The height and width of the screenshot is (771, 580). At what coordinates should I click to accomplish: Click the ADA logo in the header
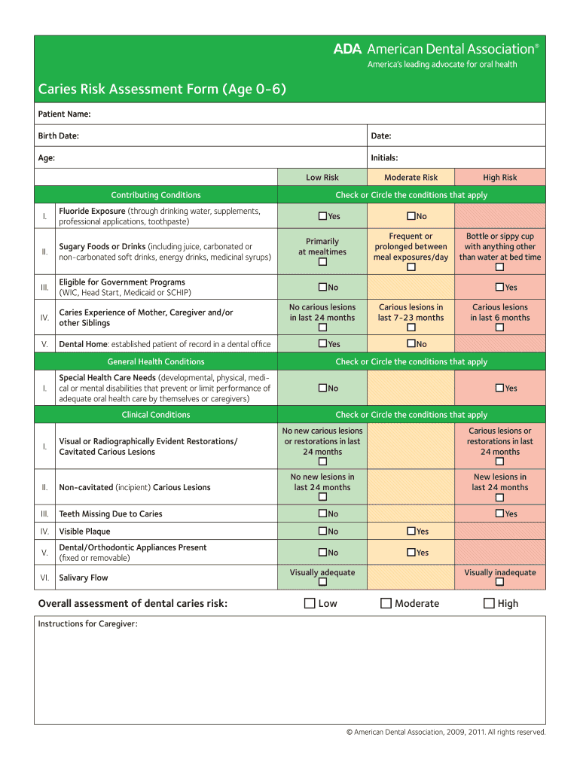click(349, 49)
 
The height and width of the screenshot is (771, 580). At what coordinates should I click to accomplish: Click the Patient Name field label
click(64, 114)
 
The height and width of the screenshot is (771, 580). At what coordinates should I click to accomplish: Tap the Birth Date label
click(58, 136)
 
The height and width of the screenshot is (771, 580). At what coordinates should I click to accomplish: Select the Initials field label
click(384, 157)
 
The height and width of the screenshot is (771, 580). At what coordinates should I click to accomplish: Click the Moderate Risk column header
click(411, 178)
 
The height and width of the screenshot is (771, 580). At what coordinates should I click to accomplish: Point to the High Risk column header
click(499, 178)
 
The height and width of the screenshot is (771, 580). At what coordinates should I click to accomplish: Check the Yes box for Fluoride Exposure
click(322, 216)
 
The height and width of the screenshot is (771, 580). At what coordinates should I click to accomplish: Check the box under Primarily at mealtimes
click(322, 263)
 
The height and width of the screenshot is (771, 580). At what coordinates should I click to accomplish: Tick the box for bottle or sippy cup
click(499, 267)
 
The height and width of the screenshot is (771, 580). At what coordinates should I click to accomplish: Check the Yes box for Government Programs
click(499, 287)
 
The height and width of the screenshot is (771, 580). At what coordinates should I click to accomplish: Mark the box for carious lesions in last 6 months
click(499, 328)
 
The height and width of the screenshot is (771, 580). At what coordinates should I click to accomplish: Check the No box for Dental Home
click(411, 343)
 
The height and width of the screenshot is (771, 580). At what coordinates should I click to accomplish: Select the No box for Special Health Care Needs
click(322, 388)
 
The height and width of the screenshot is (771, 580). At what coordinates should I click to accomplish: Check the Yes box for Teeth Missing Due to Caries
click(499, 513)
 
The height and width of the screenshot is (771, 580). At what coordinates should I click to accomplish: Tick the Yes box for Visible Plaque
click(411, 531)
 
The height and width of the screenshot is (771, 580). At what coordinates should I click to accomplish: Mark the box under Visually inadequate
click(499, 583)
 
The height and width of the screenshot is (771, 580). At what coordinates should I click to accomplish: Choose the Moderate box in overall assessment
click(386, 603)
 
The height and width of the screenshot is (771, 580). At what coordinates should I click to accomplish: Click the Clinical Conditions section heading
click(156, 415)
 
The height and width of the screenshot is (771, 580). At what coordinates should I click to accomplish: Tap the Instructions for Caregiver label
click(87, 623)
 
